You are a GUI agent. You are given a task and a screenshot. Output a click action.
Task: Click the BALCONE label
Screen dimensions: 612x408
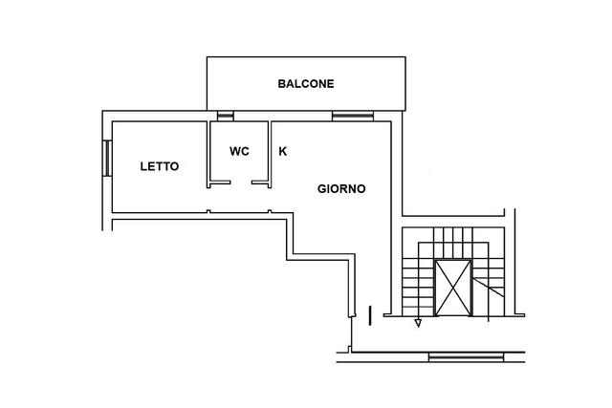(306, 84)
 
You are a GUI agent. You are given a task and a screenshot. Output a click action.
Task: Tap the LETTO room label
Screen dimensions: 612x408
(160, 166)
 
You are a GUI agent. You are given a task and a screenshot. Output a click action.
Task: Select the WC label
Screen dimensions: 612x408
(239, 151)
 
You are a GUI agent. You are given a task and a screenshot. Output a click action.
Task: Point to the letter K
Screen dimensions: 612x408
(283, 151)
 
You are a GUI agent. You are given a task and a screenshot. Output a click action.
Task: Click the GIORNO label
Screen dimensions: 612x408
(341, 189)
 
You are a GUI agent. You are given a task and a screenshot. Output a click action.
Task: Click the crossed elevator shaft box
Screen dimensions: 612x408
(452, 288)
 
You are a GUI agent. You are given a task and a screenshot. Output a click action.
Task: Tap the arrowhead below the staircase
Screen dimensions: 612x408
(418, 323)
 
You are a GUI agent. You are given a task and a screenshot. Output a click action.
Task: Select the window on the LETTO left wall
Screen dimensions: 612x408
(107, 159)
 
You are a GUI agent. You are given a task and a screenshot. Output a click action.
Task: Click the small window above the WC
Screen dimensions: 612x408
(226, 117)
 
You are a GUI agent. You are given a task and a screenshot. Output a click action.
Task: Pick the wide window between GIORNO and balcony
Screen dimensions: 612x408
(353, 117)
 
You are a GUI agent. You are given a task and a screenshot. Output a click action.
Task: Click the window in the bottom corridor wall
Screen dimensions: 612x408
(466, 357)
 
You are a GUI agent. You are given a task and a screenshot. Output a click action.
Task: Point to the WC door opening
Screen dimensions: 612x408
(241, 183)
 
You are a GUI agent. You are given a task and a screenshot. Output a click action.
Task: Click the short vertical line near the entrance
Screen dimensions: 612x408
(370, 315)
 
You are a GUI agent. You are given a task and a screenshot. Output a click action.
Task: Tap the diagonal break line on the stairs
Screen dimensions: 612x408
(488, 288)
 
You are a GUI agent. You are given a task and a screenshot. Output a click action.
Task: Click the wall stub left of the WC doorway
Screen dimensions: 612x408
(220, 183)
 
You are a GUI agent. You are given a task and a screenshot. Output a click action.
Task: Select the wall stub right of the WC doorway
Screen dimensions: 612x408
(260, 183)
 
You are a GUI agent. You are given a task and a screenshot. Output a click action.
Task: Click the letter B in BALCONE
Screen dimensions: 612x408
(281, 84)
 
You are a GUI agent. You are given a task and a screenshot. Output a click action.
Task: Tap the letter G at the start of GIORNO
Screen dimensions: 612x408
(321, 189)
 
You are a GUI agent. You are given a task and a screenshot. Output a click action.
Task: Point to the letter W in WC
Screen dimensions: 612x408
(235, 151)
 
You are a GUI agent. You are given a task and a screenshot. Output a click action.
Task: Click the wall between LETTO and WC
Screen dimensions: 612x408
(208, 155)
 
